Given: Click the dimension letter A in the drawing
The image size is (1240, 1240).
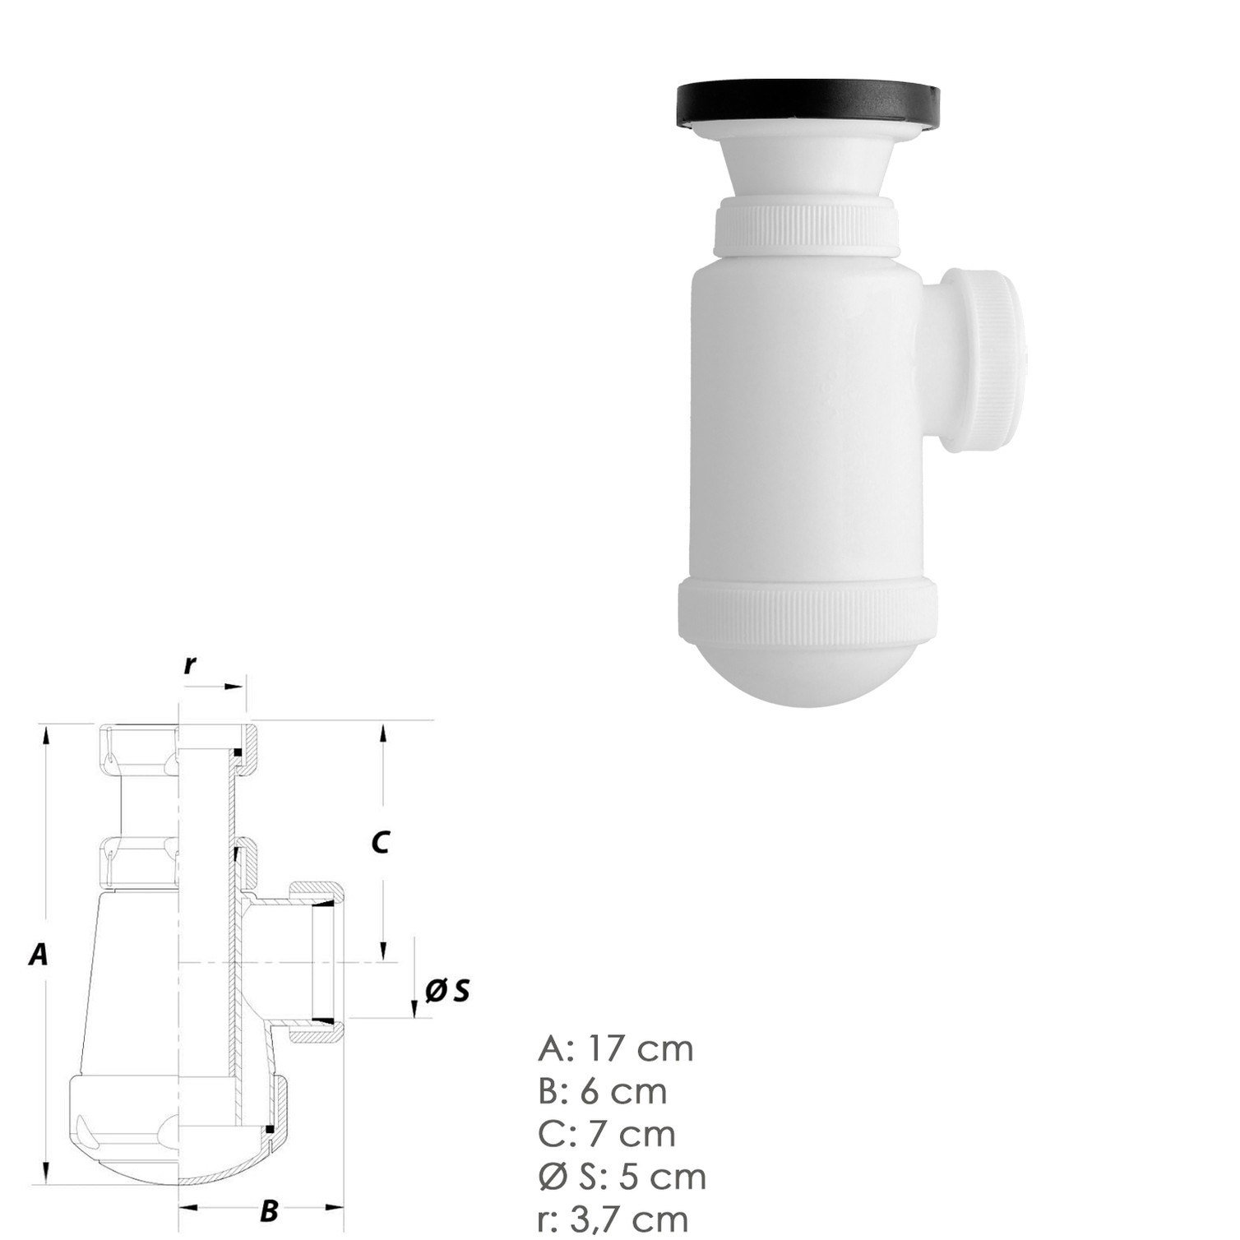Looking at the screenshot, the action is point(38,955).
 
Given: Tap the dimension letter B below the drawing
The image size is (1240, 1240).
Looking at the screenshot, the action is point(268,1210).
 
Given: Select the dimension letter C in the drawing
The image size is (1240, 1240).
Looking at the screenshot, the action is point(380,843).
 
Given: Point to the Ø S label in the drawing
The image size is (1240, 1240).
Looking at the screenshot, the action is point(447,991).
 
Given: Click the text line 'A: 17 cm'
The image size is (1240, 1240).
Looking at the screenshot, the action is point(616,1049).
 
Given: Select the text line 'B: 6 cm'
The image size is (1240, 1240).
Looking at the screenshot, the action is point(603,1092).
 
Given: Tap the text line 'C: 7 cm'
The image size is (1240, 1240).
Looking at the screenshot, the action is point(607,1134).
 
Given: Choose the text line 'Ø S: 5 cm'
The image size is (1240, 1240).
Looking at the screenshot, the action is point(622,1177).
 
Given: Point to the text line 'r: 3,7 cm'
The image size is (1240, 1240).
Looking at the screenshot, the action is point(613,1219).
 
